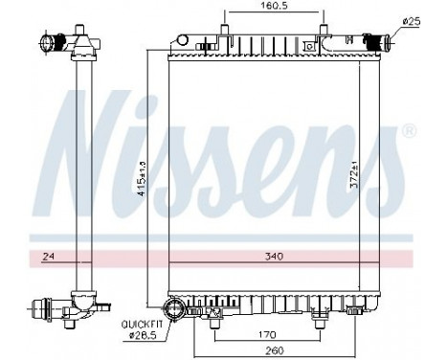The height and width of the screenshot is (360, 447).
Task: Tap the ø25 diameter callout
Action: tap(412, 21)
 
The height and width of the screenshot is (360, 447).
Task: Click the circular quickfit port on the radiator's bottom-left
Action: tap(174, 308)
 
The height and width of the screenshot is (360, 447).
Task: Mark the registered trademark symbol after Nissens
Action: tap(409, 130)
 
